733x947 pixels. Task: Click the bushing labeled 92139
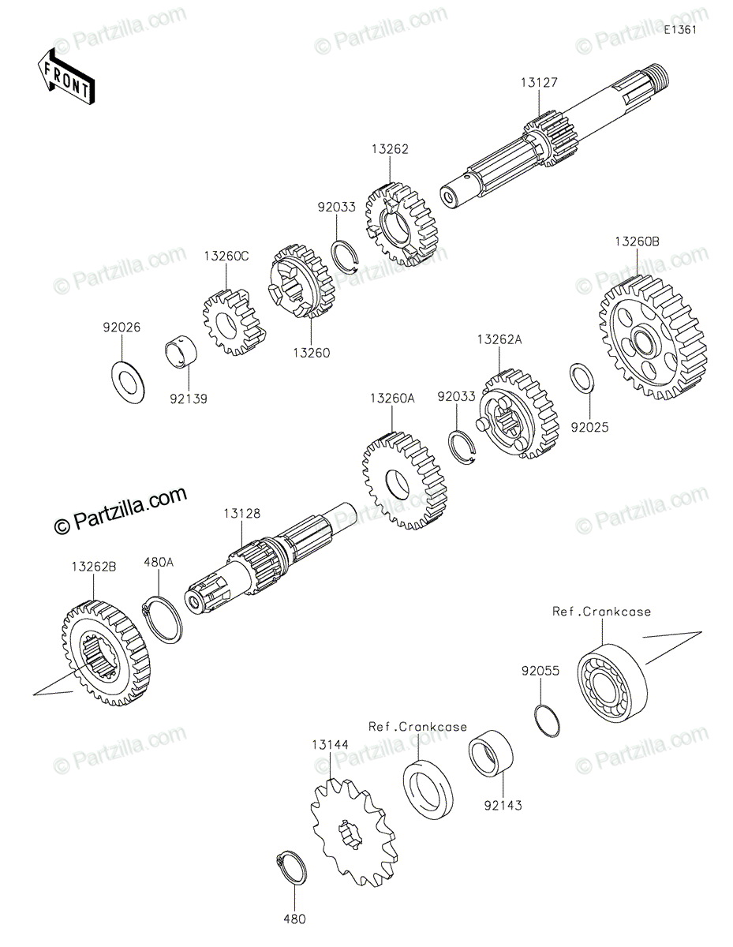click(181, 353)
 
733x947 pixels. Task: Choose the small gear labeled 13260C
click(228, 323)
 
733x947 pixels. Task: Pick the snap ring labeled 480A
click(165, 619)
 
